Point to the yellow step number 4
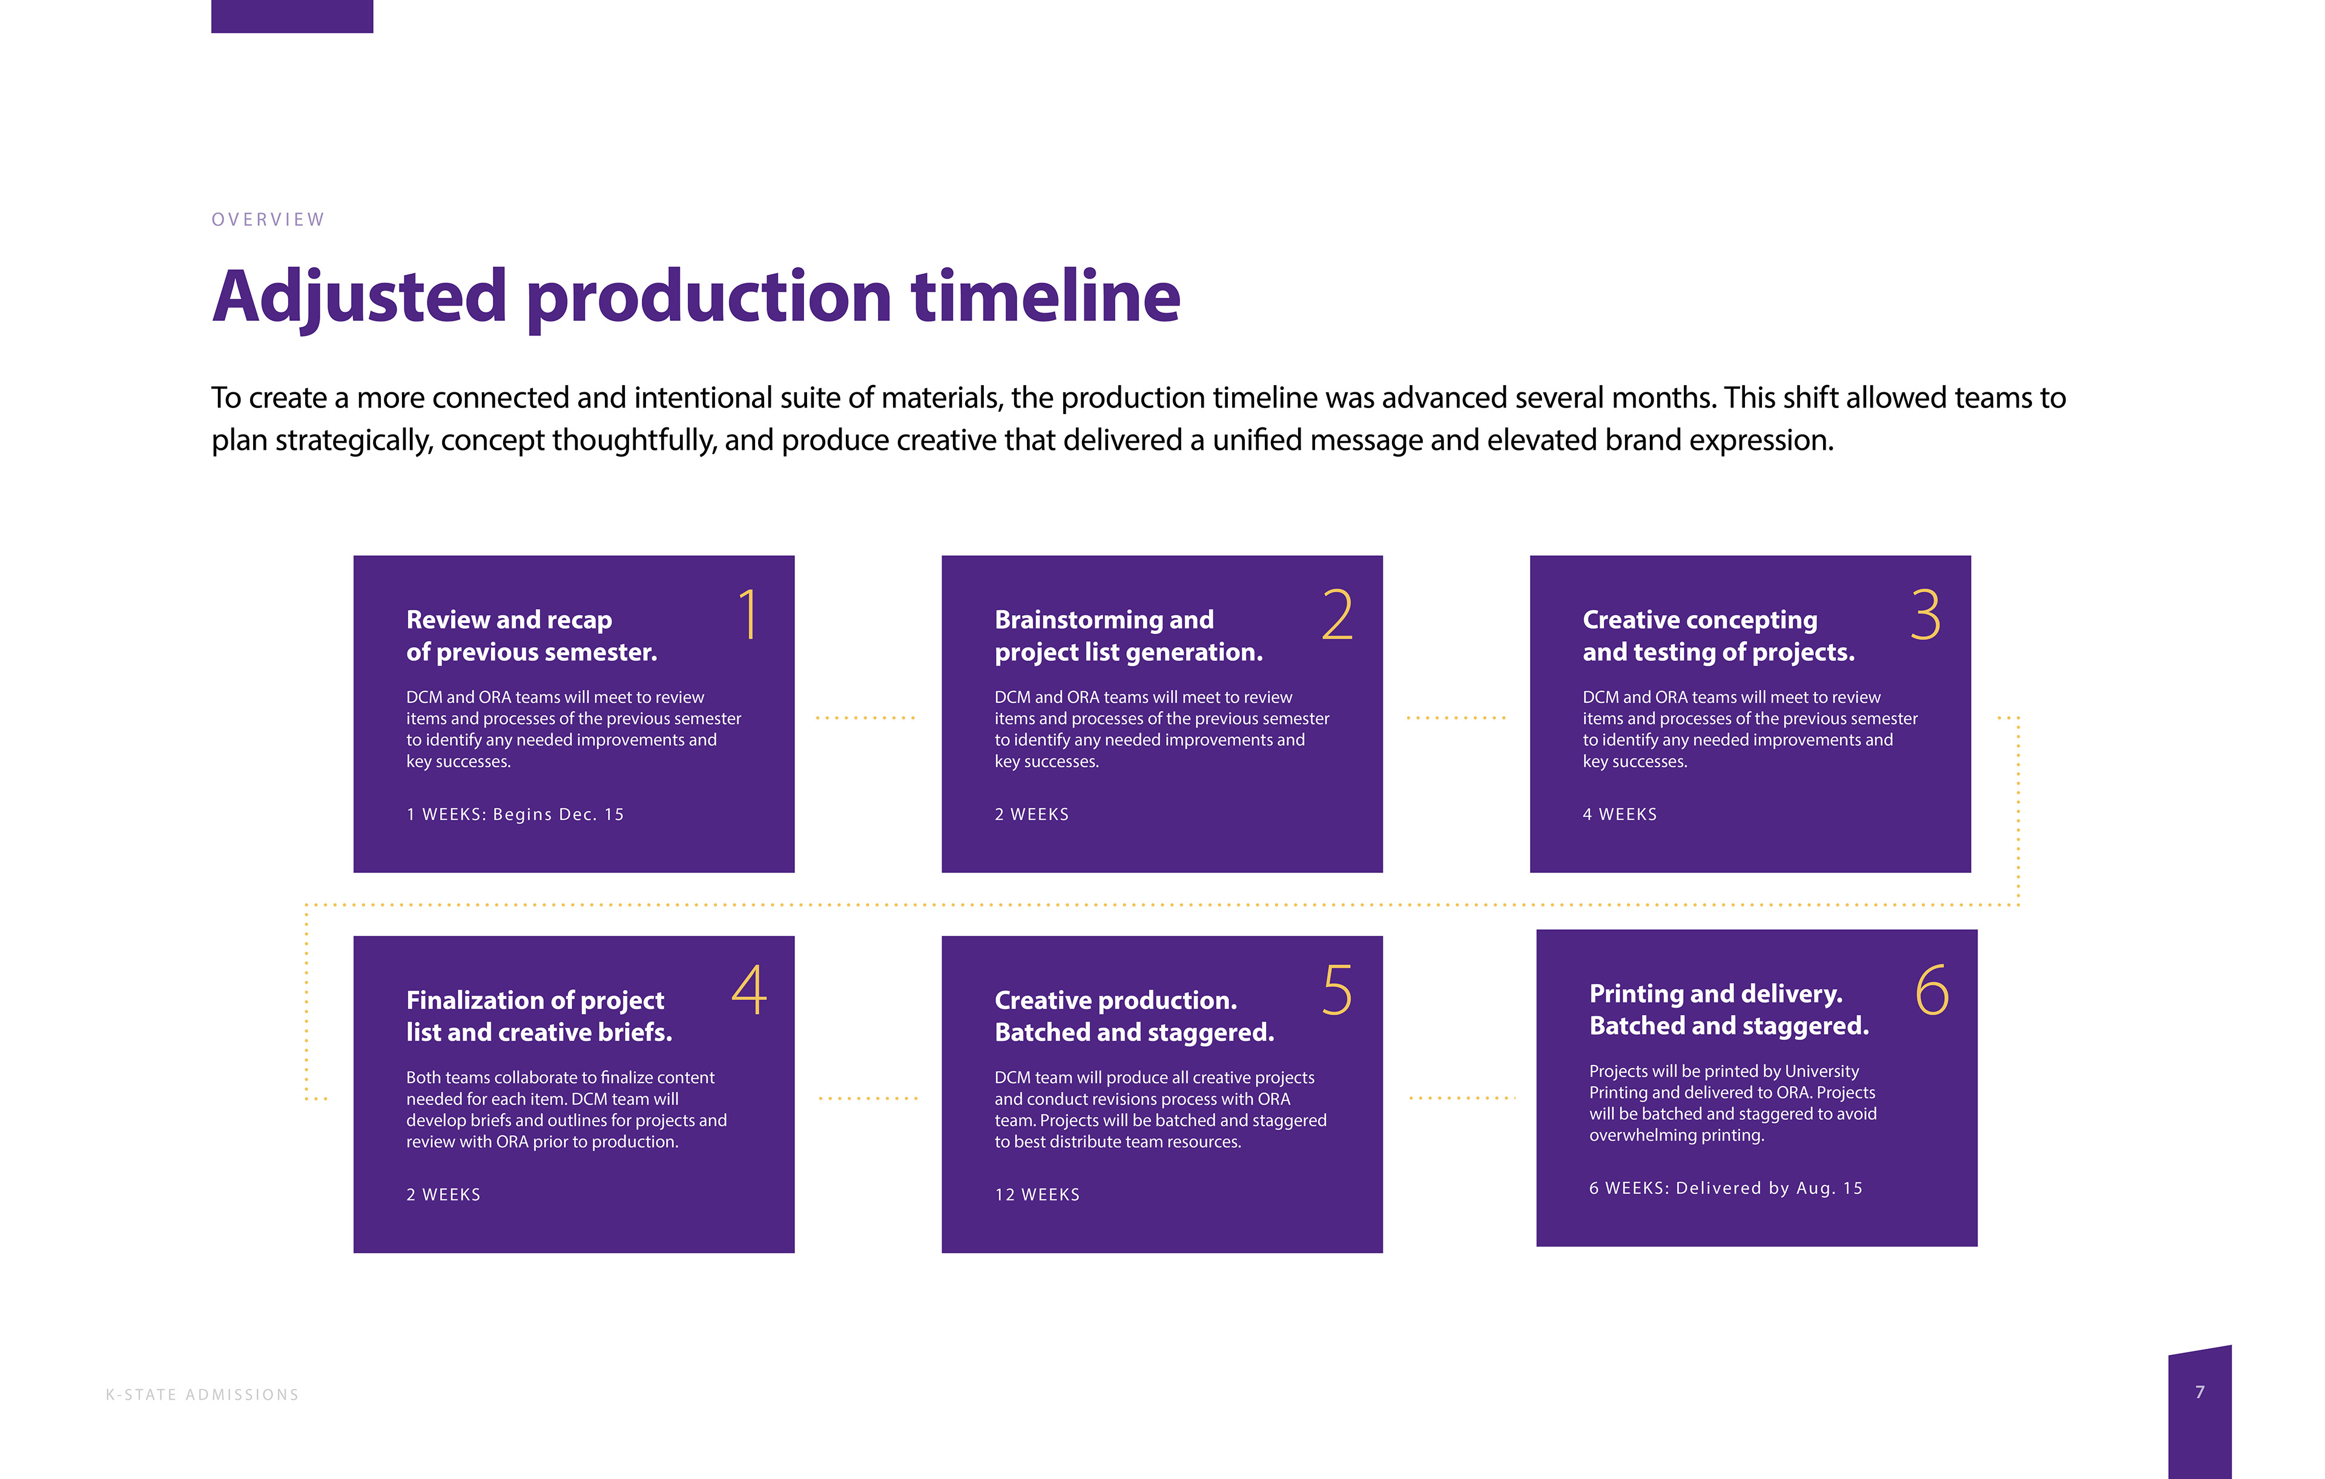click(749, 990)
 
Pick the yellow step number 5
click(1337, 990)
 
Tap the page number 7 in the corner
click(2200, 1392)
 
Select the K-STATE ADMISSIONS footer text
click(202, 1395)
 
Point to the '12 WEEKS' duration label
click(1037, 1195)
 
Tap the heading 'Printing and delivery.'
click(1716, 993)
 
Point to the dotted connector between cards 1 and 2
click(866, 718)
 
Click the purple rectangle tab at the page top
click(292, 16)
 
